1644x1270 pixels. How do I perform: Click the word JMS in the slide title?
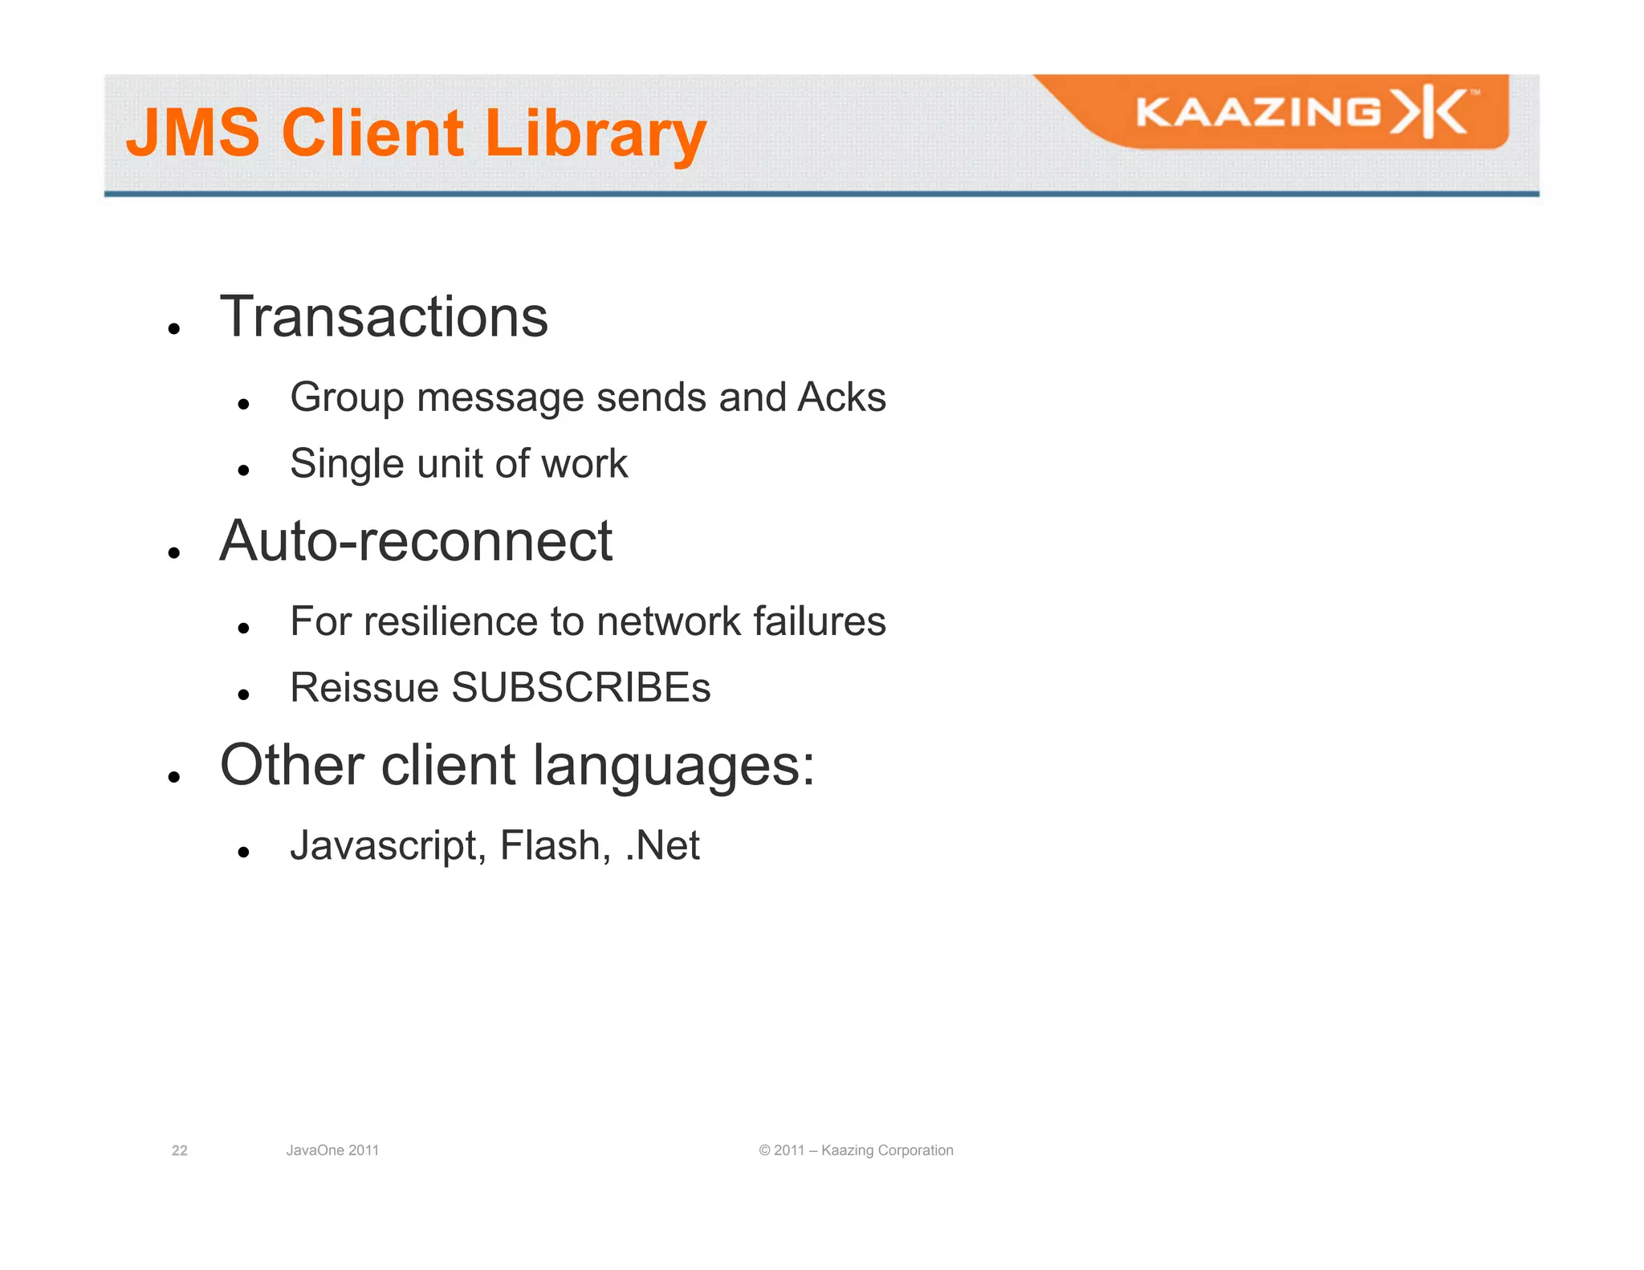pos(193,132)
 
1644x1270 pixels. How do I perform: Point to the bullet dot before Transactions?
pos(173,328)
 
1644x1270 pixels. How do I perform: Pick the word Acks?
pos(841,397)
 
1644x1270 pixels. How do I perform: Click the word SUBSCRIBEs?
pos(581,687)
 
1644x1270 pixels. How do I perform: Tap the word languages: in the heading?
pos(673,767)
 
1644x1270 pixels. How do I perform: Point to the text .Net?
pos(662,845)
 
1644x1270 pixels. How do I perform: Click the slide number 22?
pos(180,1150)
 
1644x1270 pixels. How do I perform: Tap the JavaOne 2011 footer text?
pos(332,1150)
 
